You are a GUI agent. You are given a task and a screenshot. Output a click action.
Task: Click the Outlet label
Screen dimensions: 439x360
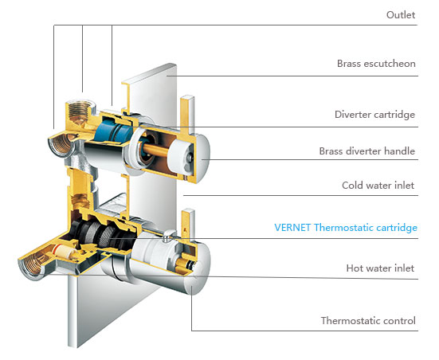pos(401,15)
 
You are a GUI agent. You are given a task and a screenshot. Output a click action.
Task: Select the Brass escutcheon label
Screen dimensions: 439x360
pos(376,64)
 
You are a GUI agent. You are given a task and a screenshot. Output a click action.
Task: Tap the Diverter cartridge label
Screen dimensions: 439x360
pos(374,115)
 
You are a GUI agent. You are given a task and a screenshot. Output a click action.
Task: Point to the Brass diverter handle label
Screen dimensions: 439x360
pos(366,151)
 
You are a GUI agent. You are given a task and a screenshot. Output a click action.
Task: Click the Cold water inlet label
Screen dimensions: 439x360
pos(378,186)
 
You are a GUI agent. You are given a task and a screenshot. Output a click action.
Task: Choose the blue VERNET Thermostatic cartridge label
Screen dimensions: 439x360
pos(346,228)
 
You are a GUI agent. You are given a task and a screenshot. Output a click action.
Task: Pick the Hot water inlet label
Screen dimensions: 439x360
pos(380,268)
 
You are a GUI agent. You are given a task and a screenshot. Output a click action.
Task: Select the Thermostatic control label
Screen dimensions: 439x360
pos(368,320)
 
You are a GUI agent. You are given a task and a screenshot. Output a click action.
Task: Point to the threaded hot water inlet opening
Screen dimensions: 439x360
pos(30,267)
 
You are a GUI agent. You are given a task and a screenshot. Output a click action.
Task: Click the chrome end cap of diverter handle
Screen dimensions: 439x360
pos(201,158)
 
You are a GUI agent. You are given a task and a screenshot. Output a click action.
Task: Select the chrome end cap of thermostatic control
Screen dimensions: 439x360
pos(201,269)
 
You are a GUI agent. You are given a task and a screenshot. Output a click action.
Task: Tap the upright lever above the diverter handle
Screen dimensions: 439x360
pos(187,114)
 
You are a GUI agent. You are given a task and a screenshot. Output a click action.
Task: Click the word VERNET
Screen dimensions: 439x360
pos(292,227)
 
